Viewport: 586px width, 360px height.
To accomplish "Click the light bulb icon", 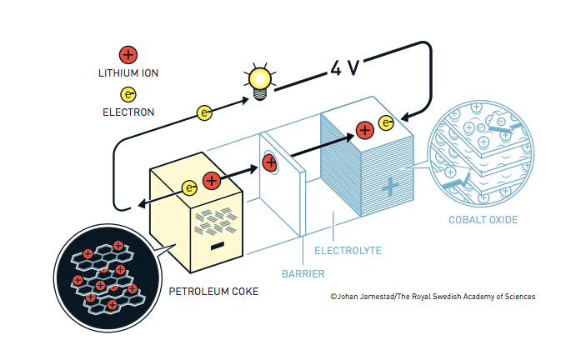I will (x=258, y=80).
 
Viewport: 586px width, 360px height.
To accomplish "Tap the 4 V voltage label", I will (x=344, y=67).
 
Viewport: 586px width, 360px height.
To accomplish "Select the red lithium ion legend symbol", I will (x=128, y=55).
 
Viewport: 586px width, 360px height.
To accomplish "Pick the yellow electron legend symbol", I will (x=128, y=94).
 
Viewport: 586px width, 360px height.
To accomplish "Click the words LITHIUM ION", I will (x=128, y=73).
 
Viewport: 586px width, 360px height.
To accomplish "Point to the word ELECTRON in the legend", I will (x=128, y=112).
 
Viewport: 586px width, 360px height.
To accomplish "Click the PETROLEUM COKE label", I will (x=213, y=292).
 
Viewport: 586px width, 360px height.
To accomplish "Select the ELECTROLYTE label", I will (x=348, y=250).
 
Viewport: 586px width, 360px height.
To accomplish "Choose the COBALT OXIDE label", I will (x=483, y=220).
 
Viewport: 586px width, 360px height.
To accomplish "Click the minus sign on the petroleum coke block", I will (x=217, y=246).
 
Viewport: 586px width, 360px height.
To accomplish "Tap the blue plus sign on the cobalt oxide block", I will (x=388, y=187).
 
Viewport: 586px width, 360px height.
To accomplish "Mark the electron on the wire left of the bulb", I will (x=203, y=112).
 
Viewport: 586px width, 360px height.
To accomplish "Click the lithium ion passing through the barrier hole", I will (x=270, y=162).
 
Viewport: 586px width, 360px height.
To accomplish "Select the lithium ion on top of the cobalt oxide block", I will (x=364, y=129).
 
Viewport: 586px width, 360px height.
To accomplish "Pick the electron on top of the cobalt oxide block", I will (x=386, y=123).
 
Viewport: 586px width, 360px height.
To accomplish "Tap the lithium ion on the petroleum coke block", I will (x=212, y=180).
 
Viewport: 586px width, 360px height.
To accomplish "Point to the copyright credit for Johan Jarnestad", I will (x=432, y=296).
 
